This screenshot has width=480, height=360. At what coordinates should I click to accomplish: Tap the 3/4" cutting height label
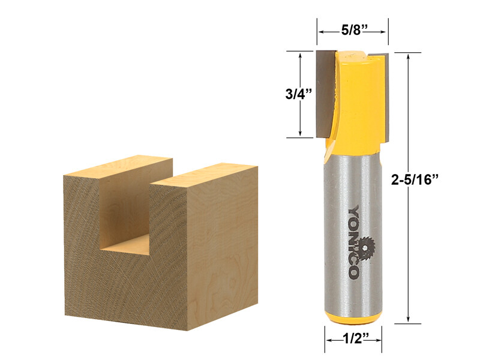(x=298, y=94)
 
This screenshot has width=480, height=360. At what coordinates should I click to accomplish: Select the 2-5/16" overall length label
(x=415, y=179)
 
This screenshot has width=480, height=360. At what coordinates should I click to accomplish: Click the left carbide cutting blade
(x=326, y=94)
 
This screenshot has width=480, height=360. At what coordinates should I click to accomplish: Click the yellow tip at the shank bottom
(x=353, y=319)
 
